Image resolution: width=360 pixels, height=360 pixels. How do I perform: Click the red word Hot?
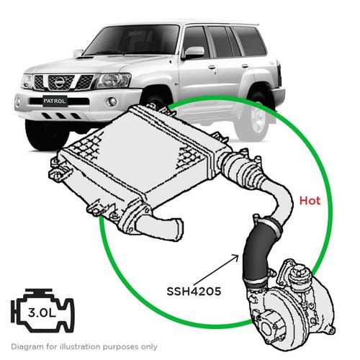pos(310,201)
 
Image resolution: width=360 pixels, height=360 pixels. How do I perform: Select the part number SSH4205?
pos(194,292)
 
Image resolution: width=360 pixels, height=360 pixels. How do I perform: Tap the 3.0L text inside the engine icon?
pos(42,312)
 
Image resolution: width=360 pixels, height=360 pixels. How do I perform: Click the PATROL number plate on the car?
pos(55,101)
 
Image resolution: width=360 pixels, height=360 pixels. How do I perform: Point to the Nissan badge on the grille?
pos(60,83)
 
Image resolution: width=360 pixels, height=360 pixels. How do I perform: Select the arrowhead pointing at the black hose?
pos(235,257)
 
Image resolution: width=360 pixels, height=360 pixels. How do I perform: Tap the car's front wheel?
pos(47,135)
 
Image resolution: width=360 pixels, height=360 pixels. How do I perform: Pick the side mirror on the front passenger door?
pos(194,53)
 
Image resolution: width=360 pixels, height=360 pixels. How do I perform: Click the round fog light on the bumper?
pos(112,102)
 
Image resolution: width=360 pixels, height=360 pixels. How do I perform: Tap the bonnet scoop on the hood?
pos(84,58)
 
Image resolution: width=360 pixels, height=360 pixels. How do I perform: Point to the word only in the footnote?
pos(149,347)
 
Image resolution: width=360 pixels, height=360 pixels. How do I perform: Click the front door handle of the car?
pos(212,67)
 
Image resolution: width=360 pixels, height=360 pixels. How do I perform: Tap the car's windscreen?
pos(132,40)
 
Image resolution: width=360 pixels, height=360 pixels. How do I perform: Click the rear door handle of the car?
pos(245,66)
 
